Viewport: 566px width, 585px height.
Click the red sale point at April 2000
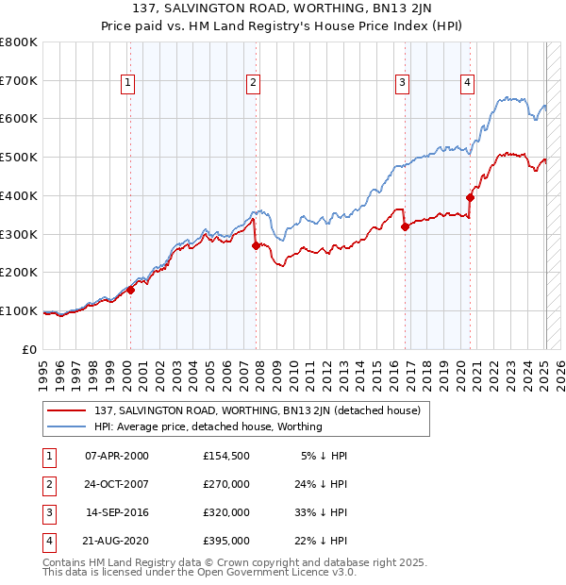131,290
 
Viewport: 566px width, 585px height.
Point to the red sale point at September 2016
405,226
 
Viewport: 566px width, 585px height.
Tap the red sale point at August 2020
470,197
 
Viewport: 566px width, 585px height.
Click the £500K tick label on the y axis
19,158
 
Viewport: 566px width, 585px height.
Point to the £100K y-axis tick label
19,310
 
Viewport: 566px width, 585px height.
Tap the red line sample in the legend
67,410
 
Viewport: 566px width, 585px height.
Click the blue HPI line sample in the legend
67,426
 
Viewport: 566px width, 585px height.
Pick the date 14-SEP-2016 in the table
117,513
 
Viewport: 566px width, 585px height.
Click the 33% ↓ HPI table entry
319,513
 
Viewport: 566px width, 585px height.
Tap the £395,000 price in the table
226,541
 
